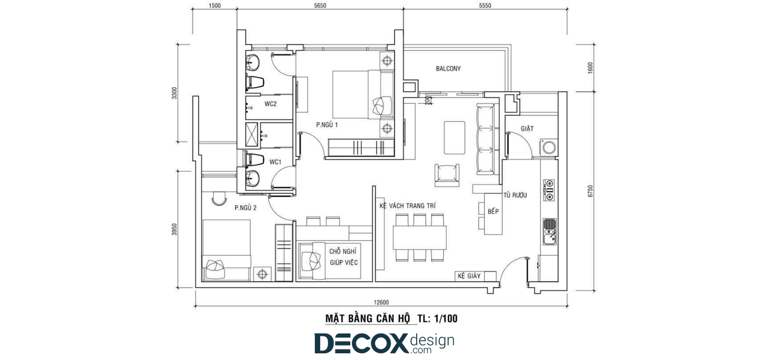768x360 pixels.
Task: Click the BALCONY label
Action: pos(448,69)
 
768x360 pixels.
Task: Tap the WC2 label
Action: pos(270,104)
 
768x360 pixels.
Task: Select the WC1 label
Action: pos(275,162)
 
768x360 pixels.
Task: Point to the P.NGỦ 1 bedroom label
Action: pos(327,124)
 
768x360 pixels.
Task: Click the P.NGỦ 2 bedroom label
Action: pos(245,207)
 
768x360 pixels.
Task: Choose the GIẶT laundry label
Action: pos(527,129)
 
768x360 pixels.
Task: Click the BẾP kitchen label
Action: pos(493,211)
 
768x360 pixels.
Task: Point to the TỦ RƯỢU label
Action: pos(515,195)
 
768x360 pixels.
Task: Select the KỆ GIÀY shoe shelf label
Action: pos(469,276)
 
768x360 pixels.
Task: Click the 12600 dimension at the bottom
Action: pos(381,302)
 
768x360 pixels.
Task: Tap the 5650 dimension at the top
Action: pos(320,5)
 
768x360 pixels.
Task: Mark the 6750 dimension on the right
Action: pos(590,191)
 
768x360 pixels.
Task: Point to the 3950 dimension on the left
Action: pos(175,229)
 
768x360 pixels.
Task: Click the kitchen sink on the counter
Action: pos(550,232)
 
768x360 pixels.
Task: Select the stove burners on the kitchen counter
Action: pos(549,190)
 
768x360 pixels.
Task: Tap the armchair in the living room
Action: pos(447,175)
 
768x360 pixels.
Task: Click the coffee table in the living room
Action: pos(455,137)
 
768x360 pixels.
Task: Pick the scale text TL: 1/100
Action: pos(437,319)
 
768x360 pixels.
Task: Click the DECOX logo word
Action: pos(361,343)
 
